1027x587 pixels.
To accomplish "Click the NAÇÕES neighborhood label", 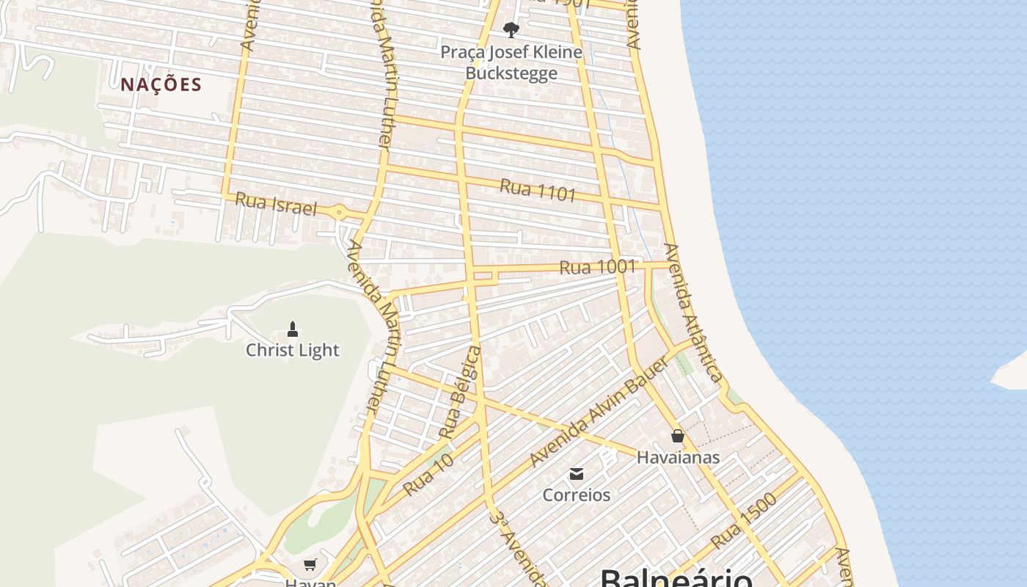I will click(x=161, y=84).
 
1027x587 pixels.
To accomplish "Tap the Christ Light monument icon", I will click(x=293, y=329).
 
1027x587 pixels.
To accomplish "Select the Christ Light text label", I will click(x=293, y=350).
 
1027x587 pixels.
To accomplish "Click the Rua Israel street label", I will click(x=276, y=204).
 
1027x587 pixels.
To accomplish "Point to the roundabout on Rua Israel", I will click(x=339, y=213).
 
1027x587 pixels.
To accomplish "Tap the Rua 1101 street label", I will click(x=538, y=189).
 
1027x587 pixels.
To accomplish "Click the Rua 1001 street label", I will click(x=597, y=267).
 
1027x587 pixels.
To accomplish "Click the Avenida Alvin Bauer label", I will click(x=599, y=412).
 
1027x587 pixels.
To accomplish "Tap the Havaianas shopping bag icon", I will click(x=678, y=436).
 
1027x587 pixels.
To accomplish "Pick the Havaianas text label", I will click(x=678, y=457).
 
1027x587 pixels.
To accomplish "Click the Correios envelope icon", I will click(x=577, y=473).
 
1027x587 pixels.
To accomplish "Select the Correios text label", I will click(x=577, y=495).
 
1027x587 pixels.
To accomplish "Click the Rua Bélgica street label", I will click(x=460, y=393).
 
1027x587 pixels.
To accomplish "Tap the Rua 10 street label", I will click(x=428, y=475).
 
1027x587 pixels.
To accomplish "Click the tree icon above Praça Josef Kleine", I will click(x=511, y=30).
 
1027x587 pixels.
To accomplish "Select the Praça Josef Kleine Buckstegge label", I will click(x=511, y=62).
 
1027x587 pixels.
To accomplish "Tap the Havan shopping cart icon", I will click(x=310, y=564).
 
